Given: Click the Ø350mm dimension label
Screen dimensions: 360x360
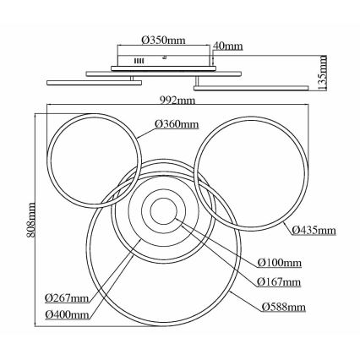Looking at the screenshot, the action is (x=164, y=41).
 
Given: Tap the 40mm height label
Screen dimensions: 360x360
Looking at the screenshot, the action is (x=228, y=46).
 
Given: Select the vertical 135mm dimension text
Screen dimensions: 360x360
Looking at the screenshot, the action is (x=323, y=73).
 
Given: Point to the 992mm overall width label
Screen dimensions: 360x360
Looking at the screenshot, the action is (x=177, y=100).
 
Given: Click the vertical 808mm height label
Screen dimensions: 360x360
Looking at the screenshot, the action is (x=31, y=220).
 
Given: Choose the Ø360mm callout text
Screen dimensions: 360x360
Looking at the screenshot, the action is (x=177, y=124).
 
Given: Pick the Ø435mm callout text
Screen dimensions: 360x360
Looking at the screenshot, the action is (x=314, y=231).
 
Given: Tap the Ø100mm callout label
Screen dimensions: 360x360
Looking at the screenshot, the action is (x=280, y=263).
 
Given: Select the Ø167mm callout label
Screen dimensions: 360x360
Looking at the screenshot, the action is (x=279, y=281).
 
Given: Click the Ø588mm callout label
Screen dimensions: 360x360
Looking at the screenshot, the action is (x=283, y=307).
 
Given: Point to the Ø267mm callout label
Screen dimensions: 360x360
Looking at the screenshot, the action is (x=67, y=297).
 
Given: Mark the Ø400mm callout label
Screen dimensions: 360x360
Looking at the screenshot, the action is (x=67, y=314).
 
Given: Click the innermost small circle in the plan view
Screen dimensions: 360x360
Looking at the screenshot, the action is (x=164, y=198).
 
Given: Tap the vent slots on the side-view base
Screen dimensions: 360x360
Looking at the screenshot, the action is (x=139, y=61).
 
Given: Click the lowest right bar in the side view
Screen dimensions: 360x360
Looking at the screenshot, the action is (x=251, y=88).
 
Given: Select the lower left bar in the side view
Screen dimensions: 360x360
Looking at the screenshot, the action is (x=94, y=83).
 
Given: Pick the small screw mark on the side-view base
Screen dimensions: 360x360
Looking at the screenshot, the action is (x=164, y=57).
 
